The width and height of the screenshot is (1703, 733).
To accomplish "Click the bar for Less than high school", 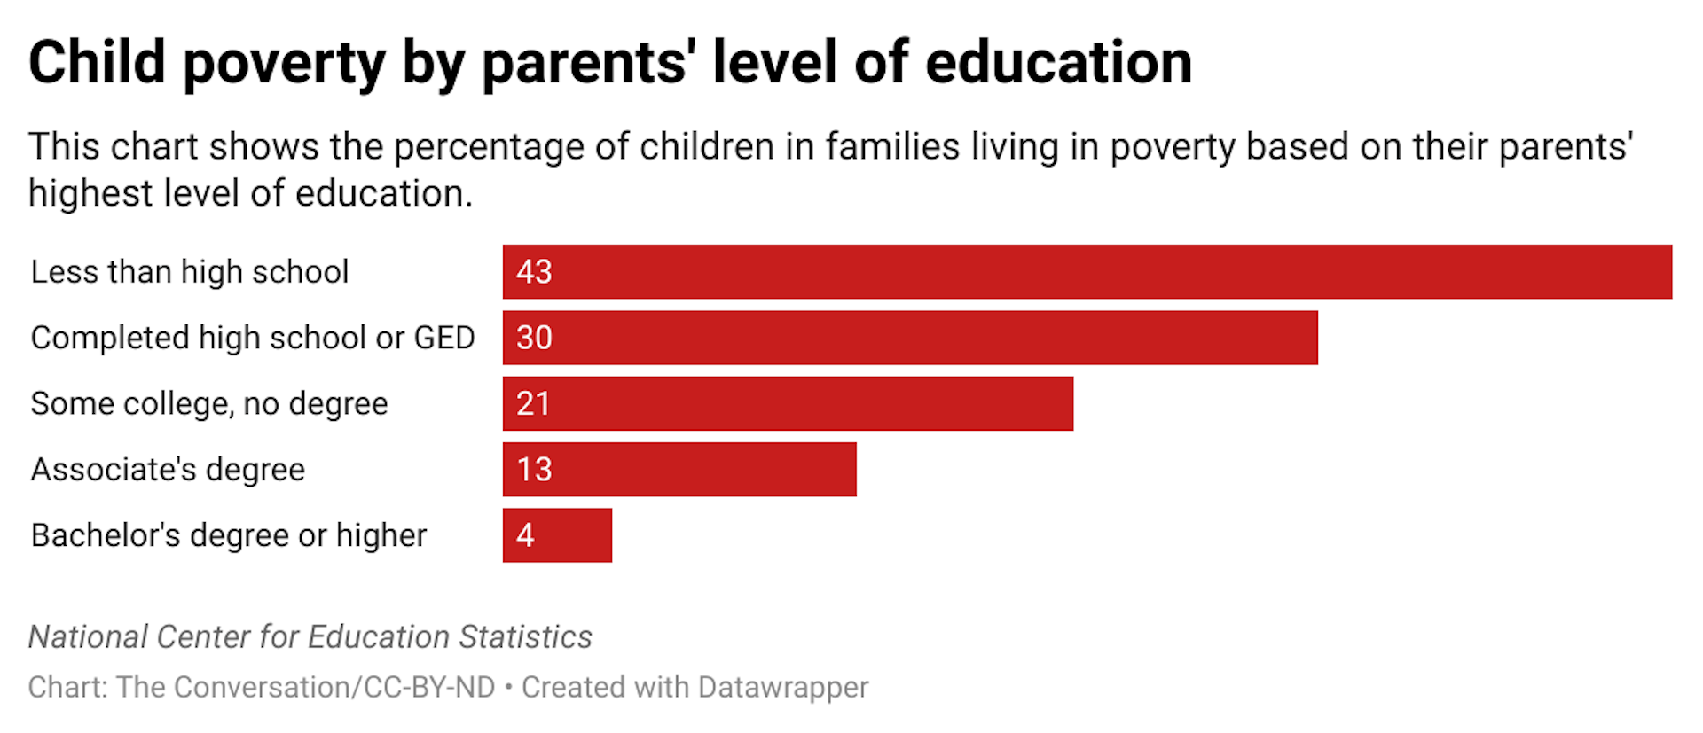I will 1087,272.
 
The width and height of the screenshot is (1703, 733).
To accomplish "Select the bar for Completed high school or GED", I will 909,338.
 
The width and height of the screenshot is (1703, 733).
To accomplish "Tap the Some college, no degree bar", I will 788,403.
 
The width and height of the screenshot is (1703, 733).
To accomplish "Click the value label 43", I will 534,272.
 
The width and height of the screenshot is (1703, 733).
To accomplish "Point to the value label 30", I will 534,338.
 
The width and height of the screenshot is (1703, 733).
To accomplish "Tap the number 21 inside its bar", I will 533,404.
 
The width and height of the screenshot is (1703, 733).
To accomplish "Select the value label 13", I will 534,470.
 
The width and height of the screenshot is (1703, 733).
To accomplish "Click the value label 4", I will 525,535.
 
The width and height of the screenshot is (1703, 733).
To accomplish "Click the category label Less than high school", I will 190,272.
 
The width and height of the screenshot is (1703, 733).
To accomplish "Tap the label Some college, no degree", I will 209,404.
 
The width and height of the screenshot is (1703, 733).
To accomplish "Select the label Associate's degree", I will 168,470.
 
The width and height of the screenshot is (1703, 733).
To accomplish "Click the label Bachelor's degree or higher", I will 229,535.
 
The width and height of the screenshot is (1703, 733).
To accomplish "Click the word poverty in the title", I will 284,64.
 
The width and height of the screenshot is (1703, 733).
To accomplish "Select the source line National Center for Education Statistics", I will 310,636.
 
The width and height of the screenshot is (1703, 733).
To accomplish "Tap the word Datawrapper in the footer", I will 782,687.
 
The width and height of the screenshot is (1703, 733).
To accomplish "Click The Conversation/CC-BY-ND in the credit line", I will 306,687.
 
